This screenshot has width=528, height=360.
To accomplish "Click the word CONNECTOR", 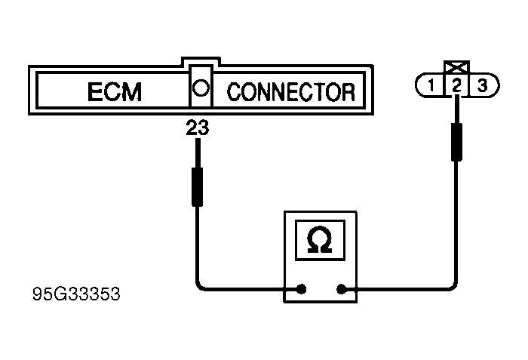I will tap(290, 92).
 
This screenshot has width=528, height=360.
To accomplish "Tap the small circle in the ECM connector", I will tap(200, 88).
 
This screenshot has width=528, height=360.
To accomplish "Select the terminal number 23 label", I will tap(198, 130).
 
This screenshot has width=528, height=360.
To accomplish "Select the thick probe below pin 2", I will tap(456, 142).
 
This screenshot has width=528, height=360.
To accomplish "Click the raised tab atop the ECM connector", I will tap(201, 60).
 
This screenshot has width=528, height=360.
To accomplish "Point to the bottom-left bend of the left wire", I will tap(200, 285).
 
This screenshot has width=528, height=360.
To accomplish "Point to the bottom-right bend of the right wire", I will tap(453, 285).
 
